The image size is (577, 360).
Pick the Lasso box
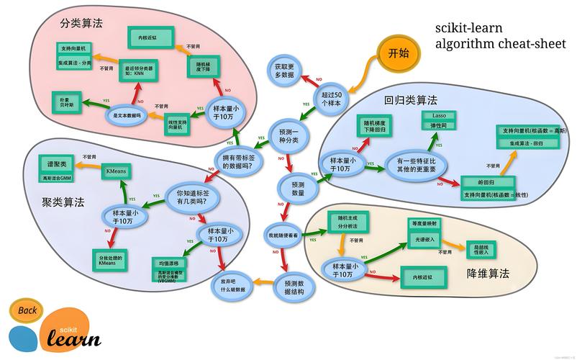[x=439, y=115]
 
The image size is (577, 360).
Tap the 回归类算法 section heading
[x=410, y=101]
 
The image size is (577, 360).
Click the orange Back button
[x=27, y=311]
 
